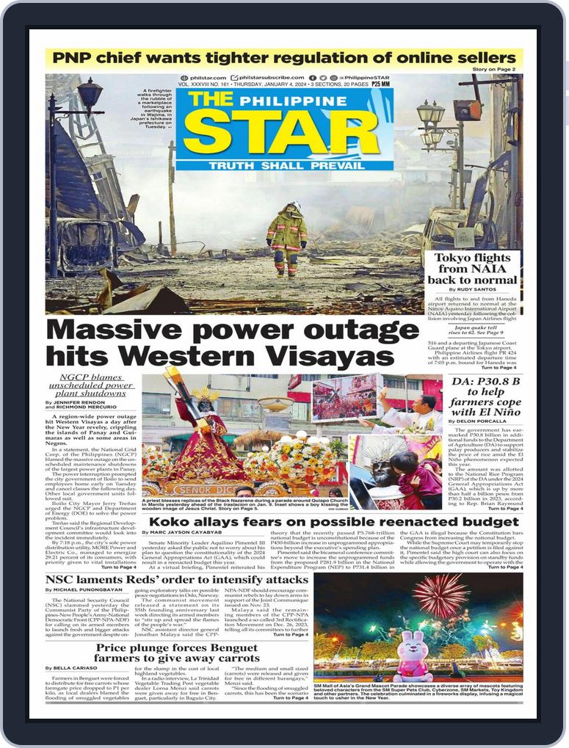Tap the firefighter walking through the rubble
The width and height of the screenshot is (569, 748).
click(x=286, y=239)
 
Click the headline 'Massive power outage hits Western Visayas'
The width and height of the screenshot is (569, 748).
click(x=232, y=343)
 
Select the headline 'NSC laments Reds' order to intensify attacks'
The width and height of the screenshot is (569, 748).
click(x=176, y=580)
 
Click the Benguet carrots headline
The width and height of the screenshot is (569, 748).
click(x=176, y=654)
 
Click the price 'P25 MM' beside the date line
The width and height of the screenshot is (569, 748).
click(x=380, y=84)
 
